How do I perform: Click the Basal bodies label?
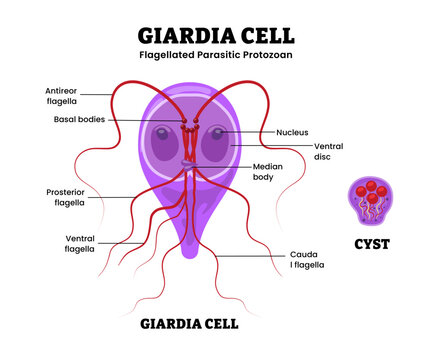pos(81,119)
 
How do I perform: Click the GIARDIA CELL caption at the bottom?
pos(189,323)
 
